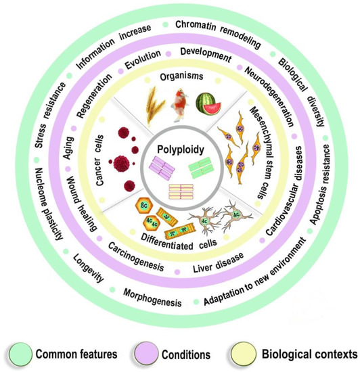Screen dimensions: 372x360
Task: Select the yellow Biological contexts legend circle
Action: [256, 352]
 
